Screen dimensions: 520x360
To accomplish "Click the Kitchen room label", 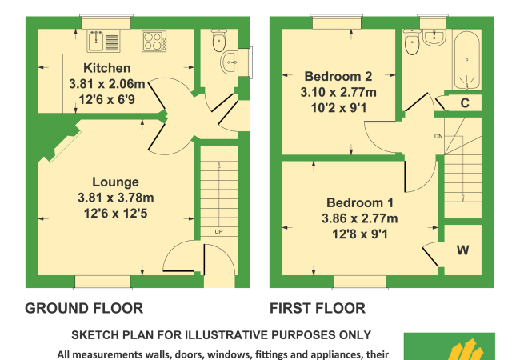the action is [x=106, y=68].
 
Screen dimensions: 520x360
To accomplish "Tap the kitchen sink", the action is [x=103, y=41].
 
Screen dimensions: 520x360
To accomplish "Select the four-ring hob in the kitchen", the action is [x=154, y=41].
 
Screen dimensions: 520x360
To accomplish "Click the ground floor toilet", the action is [x=219, y=40].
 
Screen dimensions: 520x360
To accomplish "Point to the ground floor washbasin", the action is [x=229, y=62].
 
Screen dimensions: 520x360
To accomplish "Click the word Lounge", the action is [x=115, y=182].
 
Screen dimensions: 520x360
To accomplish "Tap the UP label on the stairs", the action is [x=218, y=232].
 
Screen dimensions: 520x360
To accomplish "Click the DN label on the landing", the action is [x=438, y=136].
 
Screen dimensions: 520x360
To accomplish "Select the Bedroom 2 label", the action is [x=338, y=76].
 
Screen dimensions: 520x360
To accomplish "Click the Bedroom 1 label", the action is [x=360, y=202].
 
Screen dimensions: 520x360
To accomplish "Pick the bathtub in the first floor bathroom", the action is [x=467, y=60].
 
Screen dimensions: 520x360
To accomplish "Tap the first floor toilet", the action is [x=412, y=42].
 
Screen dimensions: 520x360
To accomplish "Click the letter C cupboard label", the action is [x=465, y=103].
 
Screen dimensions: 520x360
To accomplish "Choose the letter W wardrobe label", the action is [x=463, y=250].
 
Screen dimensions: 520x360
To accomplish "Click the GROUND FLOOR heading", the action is [x=84, y=308].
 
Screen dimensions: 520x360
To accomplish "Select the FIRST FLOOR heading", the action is [x=318, y=308].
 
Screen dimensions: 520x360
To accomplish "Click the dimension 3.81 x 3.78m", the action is [x=115, y=198].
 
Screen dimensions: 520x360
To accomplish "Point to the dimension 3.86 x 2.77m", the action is [x=359, y=218].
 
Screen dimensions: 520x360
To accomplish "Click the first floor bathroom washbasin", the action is [x=434, y=37].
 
